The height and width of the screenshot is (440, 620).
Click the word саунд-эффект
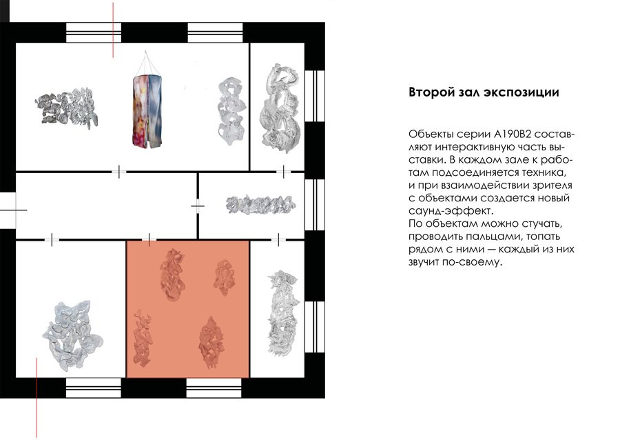coord(451,210)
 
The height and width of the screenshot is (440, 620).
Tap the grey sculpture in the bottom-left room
coord(72,336)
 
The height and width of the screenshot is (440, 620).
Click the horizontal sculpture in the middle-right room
coord(260,205)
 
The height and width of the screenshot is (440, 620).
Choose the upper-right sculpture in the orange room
coord(224,277)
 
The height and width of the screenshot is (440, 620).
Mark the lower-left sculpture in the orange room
coord(143,337)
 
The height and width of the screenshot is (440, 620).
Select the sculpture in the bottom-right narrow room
coord(281,312)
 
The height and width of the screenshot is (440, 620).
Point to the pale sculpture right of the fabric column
coord(231,111)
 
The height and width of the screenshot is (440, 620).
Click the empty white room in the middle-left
coord(106,206)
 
